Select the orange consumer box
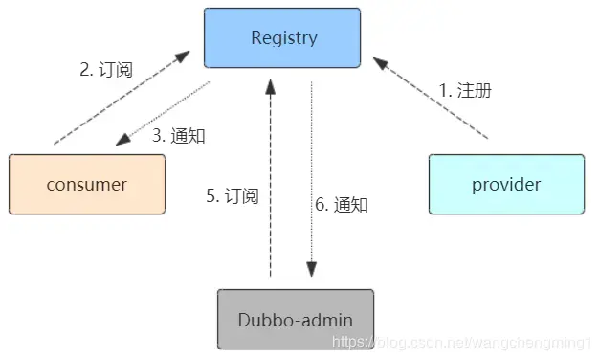pos(86,184)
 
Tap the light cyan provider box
pos(506,184)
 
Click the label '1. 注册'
pos(465,91)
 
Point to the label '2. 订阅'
pos(105,70)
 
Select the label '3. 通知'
pos(178,135)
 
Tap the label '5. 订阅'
pos(233,196)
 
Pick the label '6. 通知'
pos(342,204)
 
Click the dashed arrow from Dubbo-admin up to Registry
pos(271,182)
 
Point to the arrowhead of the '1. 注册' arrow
pos(380,63)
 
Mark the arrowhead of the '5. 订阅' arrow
pos(271,87)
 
